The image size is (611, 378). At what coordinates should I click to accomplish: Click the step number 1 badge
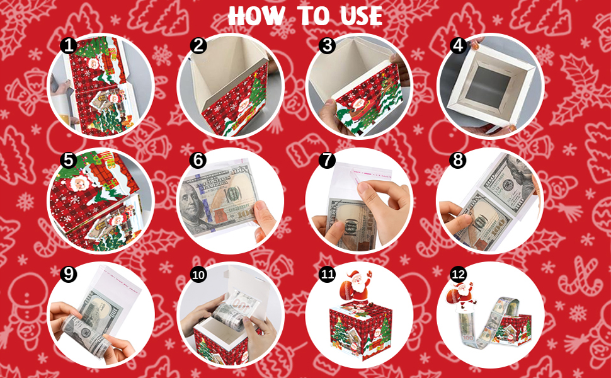click(68, 46)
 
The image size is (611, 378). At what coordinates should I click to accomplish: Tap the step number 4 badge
click(457, 46)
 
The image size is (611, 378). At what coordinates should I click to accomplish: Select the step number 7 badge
click(326, 160)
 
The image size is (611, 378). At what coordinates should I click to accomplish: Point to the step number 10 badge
click(198, 275)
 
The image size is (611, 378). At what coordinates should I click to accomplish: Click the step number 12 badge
click(458, 275)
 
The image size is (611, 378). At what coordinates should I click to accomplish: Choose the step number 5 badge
click(68, 161)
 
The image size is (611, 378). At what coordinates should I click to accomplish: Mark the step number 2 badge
click(198, 46)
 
